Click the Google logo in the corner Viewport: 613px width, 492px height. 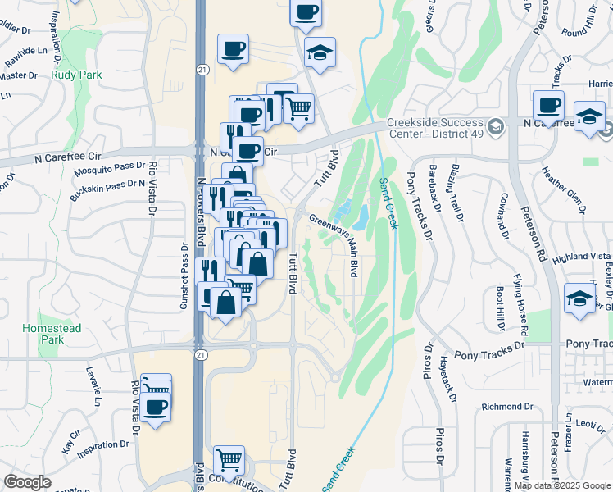(x=28, y=482)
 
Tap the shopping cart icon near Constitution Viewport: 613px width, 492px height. (x=229, y=459)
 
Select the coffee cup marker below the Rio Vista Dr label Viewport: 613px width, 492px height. (x=155, y=406)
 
